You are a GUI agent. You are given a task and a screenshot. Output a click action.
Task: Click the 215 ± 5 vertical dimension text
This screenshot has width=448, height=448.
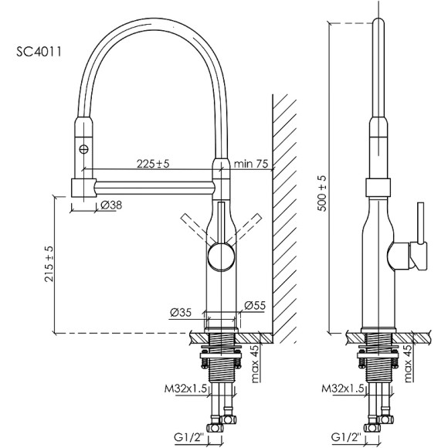(49, 265)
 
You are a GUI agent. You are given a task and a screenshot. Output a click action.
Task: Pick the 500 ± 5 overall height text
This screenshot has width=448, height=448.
(322, 193)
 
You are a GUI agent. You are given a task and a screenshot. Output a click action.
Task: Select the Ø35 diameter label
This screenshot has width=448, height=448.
(181, 312)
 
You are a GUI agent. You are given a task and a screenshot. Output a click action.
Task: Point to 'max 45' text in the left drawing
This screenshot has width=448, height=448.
(254, 364)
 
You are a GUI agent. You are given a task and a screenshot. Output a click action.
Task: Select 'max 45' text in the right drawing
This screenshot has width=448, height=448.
(409, 364)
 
